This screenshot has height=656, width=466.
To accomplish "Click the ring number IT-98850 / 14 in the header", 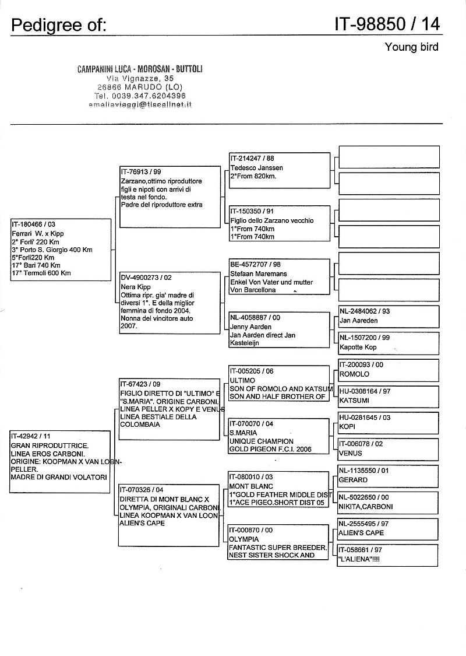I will point(387,23).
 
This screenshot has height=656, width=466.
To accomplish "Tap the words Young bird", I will point(411,47).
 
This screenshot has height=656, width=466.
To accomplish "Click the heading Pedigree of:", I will point(59,24).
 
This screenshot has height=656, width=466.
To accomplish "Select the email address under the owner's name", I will point(140,104).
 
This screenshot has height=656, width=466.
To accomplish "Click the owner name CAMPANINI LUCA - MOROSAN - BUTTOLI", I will point(140,69).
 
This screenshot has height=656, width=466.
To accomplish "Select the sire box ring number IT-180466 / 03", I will point(34,224).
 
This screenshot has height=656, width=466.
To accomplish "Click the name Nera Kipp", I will point(136,287).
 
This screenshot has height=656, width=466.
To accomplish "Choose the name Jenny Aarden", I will point(251,327).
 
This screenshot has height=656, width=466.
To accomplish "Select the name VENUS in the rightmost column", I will point(351,453).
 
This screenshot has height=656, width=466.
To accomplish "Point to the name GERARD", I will point(353,480).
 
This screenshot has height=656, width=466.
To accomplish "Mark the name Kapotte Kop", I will point(358,348).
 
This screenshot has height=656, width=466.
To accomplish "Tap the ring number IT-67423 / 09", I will point(140,384).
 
